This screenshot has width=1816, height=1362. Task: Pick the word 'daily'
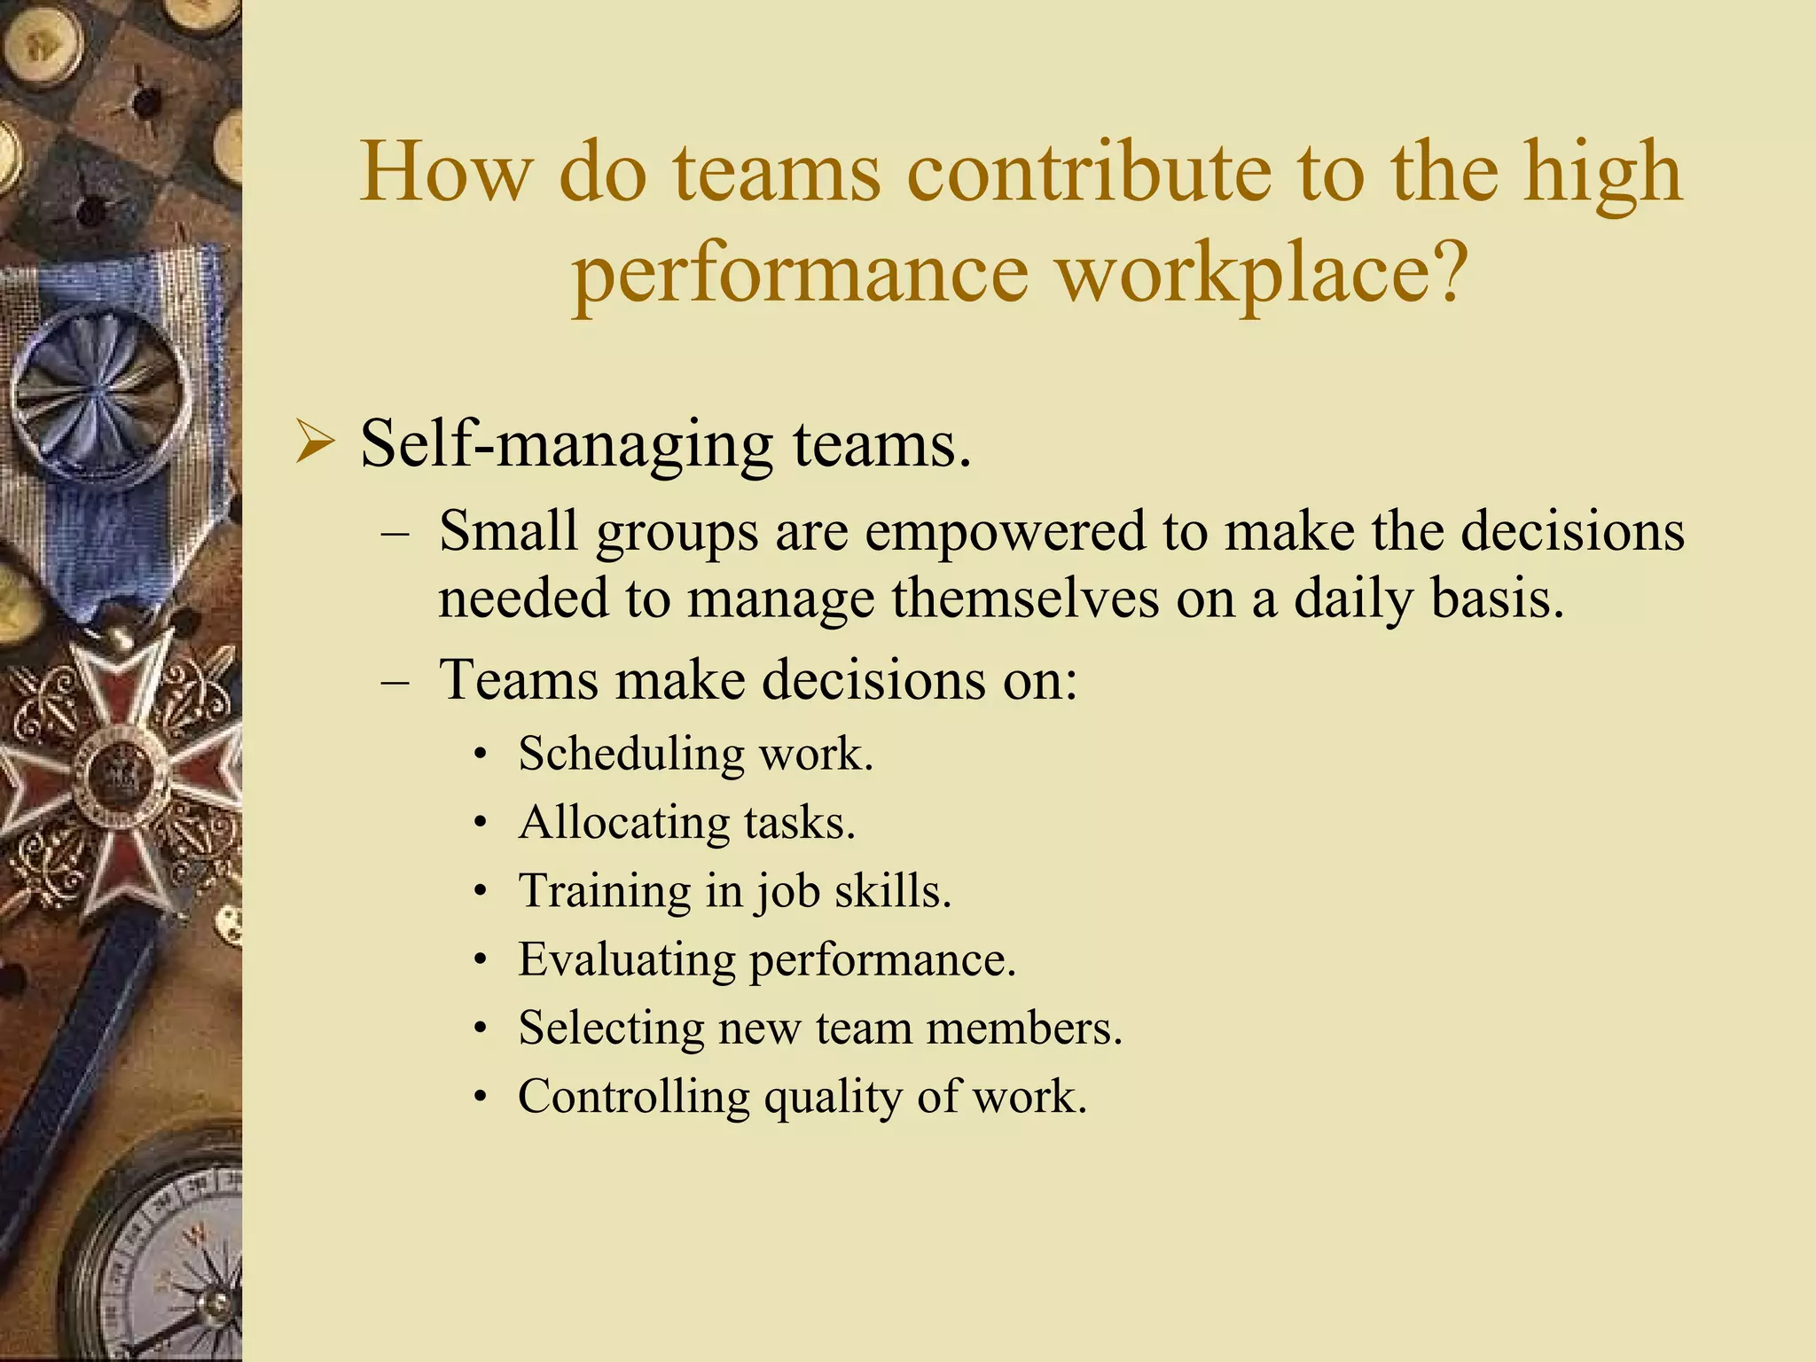point(1353,599)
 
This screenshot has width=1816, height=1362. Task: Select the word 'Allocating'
point(624,822)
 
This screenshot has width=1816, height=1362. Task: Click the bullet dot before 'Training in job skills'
point(480,892)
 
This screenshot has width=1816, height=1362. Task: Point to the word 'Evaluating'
point(626,959)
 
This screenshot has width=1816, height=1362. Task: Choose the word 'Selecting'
point(611,1029)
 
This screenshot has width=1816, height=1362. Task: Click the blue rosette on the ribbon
point(102,390)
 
